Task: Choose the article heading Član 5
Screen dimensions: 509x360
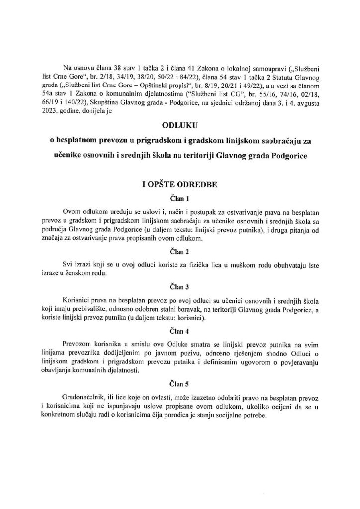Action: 180,386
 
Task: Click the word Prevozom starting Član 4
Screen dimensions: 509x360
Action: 77,344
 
